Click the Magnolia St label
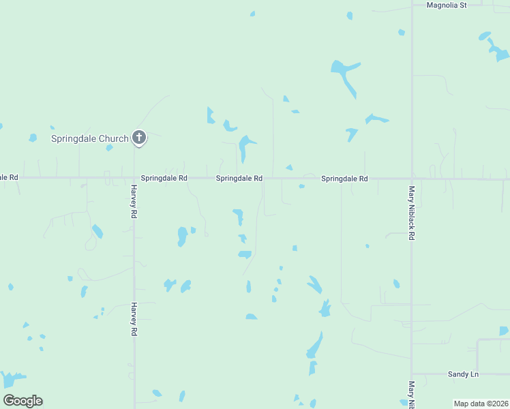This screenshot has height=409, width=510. click(446, 5)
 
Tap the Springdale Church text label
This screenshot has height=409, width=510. click(90, 139)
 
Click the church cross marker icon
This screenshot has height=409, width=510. click(139, 138)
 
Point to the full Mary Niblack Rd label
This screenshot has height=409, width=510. click(412, 213)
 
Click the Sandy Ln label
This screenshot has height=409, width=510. click(463, 374)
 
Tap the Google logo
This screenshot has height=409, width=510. click(22, 401)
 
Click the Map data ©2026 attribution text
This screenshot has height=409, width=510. click(481, 404)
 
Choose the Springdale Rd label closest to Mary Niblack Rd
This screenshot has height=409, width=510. click(344, 179)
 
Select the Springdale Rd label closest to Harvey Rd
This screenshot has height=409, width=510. click(164, 179)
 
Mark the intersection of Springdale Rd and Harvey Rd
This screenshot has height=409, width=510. click(134, 179)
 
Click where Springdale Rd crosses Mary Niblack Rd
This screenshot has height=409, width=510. click(412, 179)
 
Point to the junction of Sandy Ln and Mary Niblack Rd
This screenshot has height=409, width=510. click(412, 374)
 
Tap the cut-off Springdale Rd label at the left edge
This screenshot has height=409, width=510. click(9, 177)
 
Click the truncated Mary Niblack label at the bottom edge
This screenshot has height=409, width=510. click(412, 395)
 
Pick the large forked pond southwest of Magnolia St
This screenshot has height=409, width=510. click(344, 74)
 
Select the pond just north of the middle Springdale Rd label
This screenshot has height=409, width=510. click(244, 147)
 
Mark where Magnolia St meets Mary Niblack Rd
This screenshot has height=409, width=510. click(412, 5)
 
